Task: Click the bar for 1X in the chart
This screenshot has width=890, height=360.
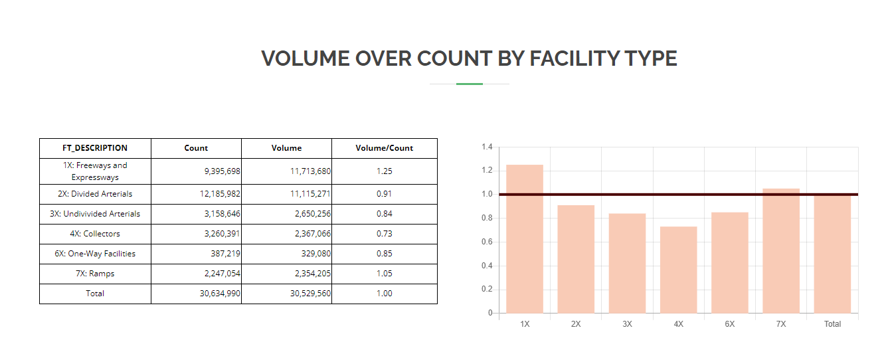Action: click(525, 239)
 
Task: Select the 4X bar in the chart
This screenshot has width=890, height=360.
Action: click(678, 270)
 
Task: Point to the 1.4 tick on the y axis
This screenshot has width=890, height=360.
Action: click(487, 147)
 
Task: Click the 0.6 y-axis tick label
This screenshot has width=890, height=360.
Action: click(487, 242)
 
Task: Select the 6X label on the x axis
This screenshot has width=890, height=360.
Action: click(729, 324)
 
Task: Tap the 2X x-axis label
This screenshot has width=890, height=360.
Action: click(576, 324)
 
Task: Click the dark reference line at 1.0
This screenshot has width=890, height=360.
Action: click(677, 194)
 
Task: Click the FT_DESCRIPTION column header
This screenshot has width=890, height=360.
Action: click(95, 148)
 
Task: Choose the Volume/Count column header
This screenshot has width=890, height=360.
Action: click(384, 148)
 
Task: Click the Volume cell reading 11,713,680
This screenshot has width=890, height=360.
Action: click(310, 171)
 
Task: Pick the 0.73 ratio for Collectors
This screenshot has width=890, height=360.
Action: click(384, 234)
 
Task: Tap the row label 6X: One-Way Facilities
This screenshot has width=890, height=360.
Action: click(95, 254)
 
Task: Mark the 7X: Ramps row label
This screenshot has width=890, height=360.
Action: click(95, 274)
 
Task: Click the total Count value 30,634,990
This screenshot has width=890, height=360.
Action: click(220, 294)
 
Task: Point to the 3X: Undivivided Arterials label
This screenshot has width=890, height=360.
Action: click(95, 214)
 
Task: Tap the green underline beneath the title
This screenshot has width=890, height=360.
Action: click(470, 84)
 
